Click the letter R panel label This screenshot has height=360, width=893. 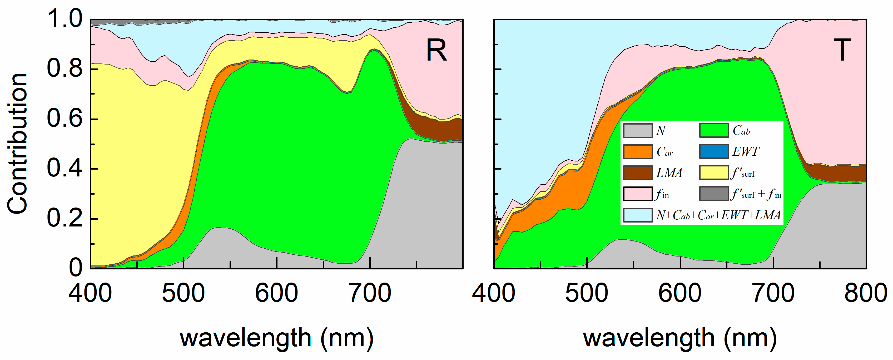pyautogui.click(x=436, y=51)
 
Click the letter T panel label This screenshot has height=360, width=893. pyautogui.click(x=842, y=50)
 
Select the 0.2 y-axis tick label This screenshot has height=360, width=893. pyautogui.click(x=65, y=219)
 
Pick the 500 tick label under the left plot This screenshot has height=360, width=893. pyautogui.click(x=183, y=293)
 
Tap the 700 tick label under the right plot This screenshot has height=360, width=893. pyautogui.click(x=773, y=293)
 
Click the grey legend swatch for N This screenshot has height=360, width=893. pyautogui.click(x=638, y=131)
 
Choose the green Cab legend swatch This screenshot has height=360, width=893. pyautogui.click(x=714, y=131)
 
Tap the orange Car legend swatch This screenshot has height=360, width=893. pyautogui.click(x=638, y=152)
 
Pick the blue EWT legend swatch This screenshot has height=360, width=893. pyautogui.click(x=714, y=152)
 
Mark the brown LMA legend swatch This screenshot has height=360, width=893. pyautogui.click(x=638, y=173)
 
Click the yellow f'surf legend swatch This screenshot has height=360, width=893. pyautogui.click(x=714, y=173)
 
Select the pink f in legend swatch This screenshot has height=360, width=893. pyautogui.click(x=638, y=194)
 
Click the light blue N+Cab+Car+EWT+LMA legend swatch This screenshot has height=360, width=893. pyautogui.click(x=638, y=215)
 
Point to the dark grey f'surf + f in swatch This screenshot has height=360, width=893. pyautogui.click(x=714, y=194)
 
